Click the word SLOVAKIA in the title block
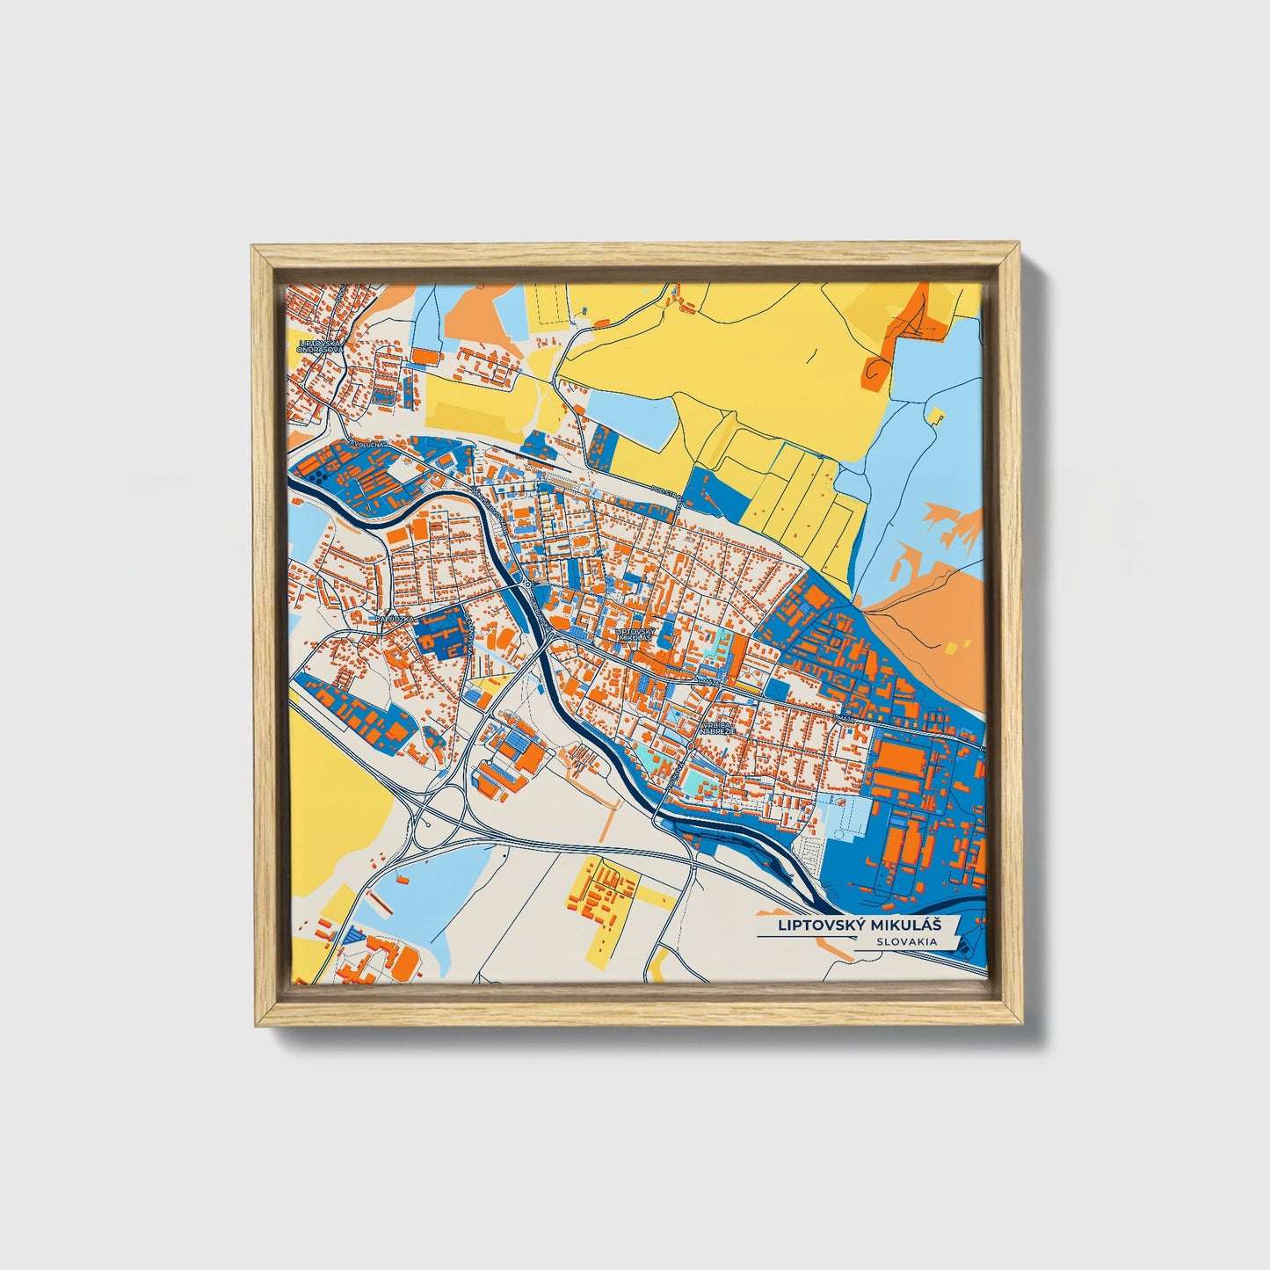[904, 941]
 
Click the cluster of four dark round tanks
[314, 475]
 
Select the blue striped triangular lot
[352, 935]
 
